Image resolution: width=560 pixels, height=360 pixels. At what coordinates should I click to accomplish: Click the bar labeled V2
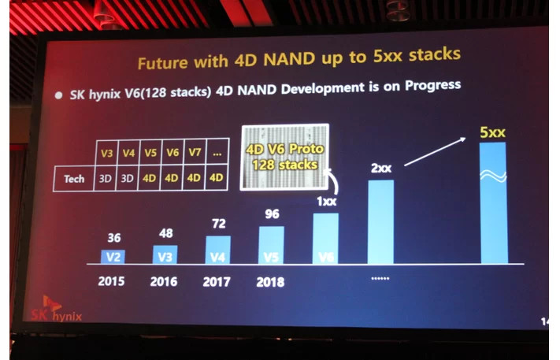[114, 255]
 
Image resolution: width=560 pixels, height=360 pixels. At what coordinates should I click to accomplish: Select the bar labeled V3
[165, 254]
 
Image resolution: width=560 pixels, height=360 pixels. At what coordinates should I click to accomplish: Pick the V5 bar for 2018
[271, 245]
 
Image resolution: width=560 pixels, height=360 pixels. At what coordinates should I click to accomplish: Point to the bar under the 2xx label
[381, 221]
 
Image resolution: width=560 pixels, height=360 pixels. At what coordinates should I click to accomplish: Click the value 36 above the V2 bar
[113, 237]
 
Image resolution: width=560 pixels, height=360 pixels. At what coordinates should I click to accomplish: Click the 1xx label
[325, 202]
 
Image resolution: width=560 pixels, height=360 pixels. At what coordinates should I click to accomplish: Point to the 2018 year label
[270, 281]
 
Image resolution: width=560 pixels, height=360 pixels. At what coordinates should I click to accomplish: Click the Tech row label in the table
[74, 179]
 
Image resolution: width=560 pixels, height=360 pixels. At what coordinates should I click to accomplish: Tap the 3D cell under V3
[105, 179]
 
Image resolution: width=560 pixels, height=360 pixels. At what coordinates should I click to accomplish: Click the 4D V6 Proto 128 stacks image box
[285, 157]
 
